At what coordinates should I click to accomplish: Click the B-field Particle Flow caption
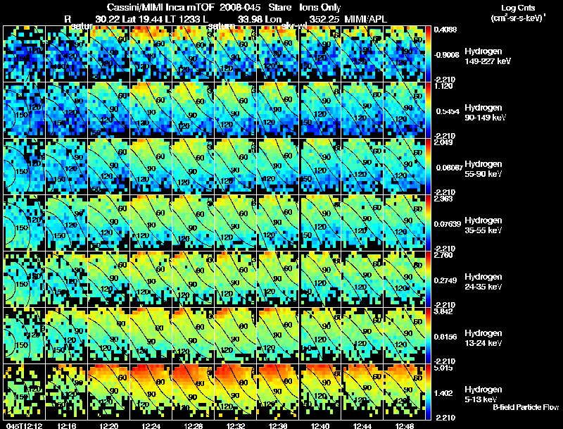(x=526, y=407)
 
